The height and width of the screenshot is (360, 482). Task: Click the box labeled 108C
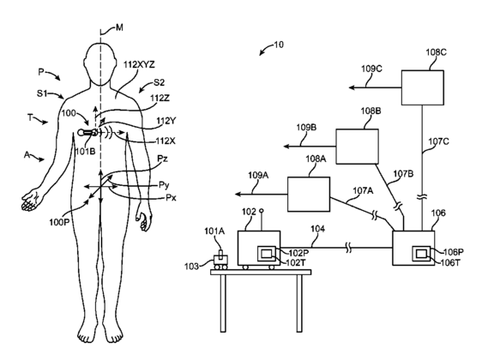[422, 87]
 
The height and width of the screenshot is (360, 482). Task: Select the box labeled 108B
[357, 147]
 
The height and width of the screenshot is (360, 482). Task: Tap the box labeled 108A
[309, 194]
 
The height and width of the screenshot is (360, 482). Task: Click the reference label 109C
[371, 69]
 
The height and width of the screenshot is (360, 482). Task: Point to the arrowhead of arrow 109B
[286, 147]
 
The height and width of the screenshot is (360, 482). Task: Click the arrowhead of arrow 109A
[238, 194]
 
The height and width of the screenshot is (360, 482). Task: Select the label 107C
[438, 141]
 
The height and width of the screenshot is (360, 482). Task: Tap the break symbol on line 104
[348, 248]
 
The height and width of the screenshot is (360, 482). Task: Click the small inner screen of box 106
[421, 254]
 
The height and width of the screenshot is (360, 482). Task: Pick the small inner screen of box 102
[266, 254]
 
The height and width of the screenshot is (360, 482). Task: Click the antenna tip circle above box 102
[262, 211]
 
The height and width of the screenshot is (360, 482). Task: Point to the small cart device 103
[220, 261]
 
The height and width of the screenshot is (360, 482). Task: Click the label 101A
[214, 231]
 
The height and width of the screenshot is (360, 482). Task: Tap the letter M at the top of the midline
[119, 28]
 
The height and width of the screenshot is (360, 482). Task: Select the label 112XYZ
[139, 65]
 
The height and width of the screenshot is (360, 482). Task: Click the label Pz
[162, 159]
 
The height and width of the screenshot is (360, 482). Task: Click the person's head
[100, 64]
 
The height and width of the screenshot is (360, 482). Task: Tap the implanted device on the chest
[88, 133]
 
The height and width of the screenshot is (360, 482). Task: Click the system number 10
[278, 45]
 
